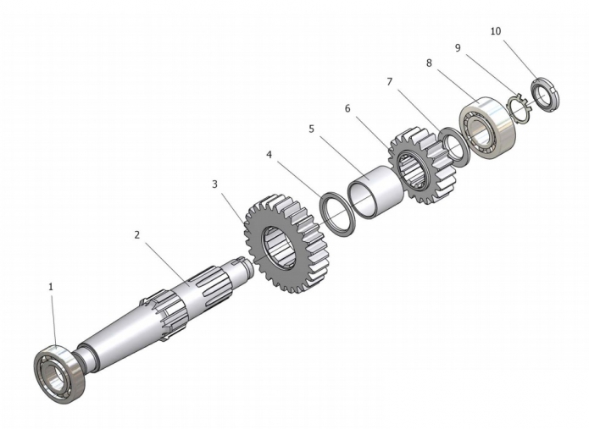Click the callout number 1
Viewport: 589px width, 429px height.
(x=51, y=287)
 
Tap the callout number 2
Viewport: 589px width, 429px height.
(x=137, y=235)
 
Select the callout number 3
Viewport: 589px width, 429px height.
(x=215, y=184)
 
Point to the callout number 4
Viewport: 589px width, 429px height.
(x=269, y=155)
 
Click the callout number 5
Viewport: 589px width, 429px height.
(x=311, y=129)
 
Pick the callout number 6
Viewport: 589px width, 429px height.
(x=347, y=108)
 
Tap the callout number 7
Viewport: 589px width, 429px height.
(x=390, y=82)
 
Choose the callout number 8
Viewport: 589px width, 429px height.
(x=430, y=63)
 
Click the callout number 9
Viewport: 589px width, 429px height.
(x=458, y=48)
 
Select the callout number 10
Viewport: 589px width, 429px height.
(x=496, y=31)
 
